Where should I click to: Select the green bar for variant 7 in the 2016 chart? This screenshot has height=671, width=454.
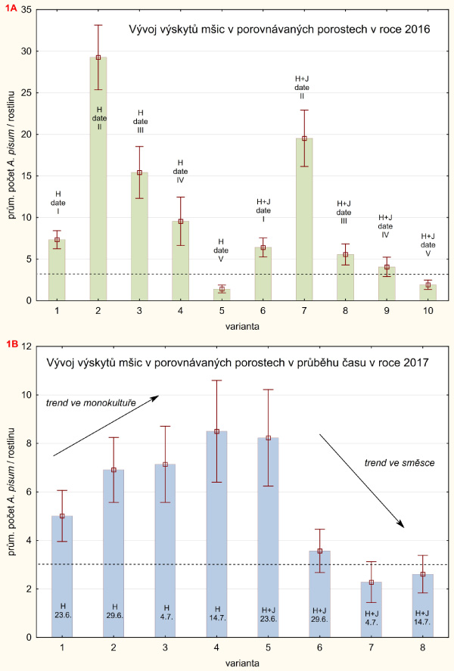[x=304, y=227]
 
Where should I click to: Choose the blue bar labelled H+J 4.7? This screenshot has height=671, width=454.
[x=372, y=605]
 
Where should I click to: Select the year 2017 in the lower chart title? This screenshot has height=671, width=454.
[x=415, y=363]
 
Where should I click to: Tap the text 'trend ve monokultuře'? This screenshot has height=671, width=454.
[x=91, y=403]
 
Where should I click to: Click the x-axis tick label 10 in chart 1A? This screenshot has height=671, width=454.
[x=428, y=311]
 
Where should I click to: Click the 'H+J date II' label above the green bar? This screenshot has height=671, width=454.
[x=304, y=87]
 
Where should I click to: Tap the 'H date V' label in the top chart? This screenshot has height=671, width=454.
[x=222, y=249]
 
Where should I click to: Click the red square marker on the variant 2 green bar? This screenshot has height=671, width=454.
[x=98, y=57]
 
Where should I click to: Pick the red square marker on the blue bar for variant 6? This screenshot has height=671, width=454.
[x=320, y=551]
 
